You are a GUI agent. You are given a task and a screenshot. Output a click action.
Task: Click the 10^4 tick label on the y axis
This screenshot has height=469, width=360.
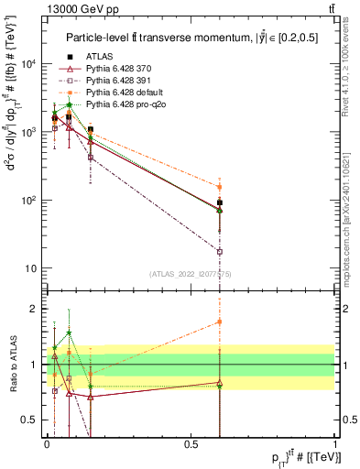pyautogui.click(x=28, y=64)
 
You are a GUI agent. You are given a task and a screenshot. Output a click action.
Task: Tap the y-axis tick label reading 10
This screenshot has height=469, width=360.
pyautogui.click(x=31, y=268)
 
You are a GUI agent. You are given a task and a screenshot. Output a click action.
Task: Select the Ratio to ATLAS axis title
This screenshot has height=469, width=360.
pyautogui.click(x=13, y=364)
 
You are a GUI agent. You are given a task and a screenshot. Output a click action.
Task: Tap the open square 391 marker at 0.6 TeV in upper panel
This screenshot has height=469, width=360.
pyautogui.click(x=220, y=251)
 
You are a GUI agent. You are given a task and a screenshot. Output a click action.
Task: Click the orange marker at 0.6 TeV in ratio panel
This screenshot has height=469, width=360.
pyautogui.click(x=220, y=322)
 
